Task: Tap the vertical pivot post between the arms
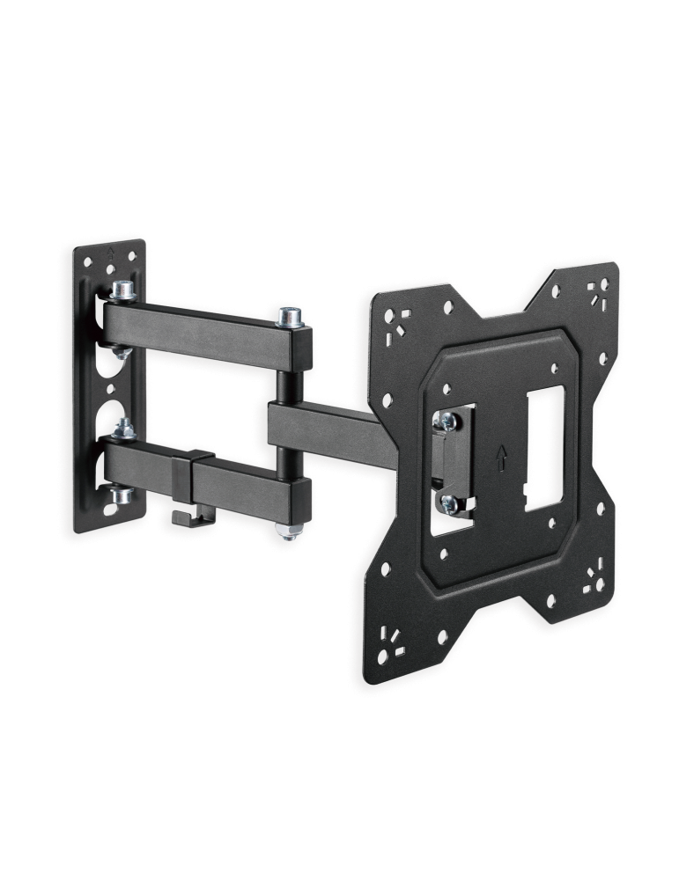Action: (x=285, y=378)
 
